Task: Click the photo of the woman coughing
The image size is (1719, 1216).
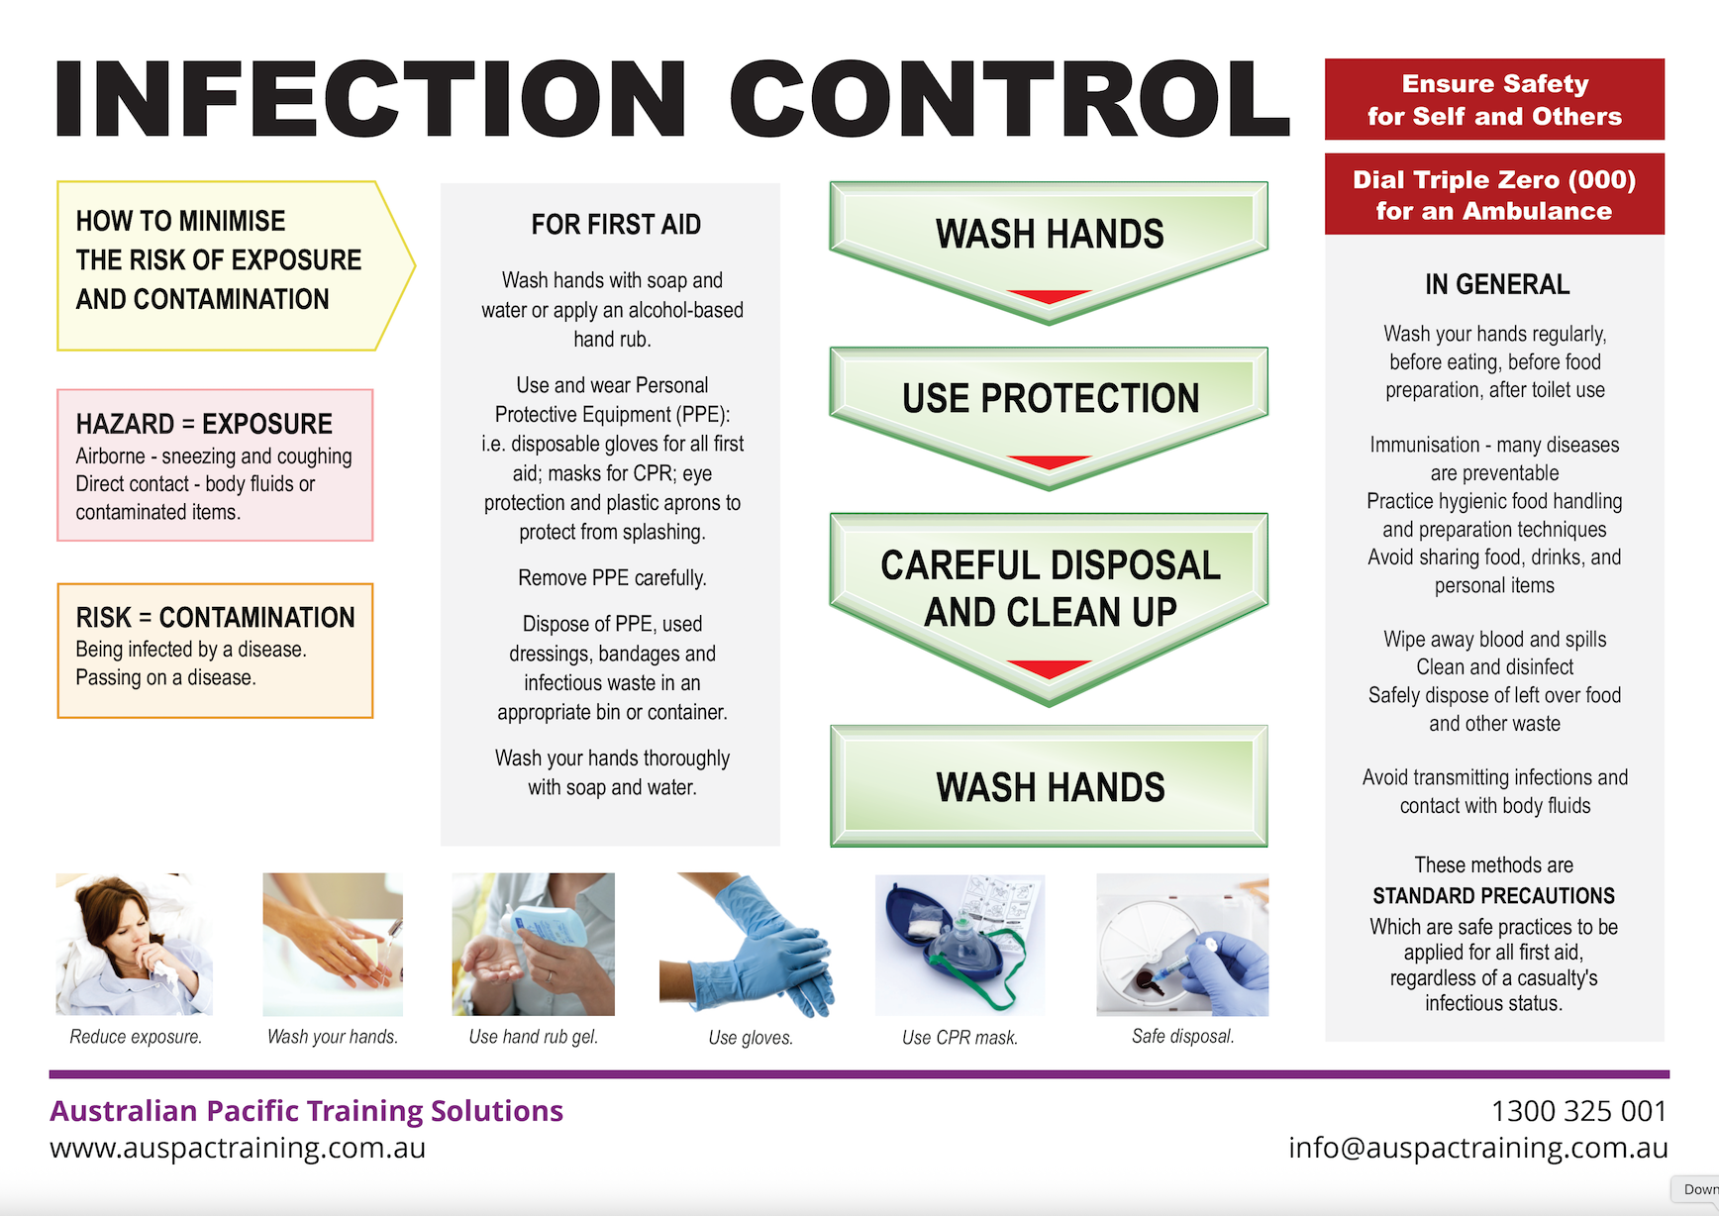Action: (134, 944)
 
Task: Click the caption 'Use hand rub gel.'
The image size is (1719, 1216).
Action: (534, 1037)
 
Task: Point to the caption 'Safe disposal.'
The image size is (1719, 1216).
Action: (1182, 1036)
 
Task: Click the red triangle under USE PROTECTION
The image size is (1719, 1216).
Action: (1049, 462)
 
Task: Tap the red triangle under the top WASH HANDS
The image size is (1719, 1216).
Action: (1049, 296)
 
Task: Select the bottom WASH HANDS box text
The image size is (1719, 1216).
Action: (1050, 787)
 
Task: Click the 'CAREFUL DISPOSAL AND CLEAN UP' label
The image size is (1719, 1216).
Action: (1050, 588)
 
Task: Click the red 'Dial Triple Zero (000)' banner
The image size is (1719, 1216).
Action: (1494, 194)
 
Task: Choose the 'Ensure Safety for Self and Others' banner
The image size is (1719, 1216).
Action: (1494, 99)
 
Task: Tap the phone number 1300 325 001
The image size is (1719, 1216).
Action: (1578, 1111)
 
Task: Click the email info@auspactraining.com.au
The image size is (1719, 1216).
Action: (1477, 1148)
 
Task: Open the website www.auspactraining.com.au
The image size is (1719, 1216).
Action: (238, 1148)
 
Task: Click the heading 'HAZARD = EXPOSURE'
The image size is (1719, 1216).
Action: (204, 424)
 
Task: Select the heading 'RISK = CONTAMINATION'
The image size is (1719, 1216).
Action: (215, 617)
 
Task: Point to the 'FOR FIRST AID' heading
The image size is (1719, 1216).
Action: (616, 225)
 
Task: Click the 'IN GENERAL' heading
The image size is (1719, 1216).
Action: (1496, 285)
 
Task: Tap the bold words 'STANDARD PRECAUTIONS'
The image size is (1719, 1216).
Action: (1493, 896)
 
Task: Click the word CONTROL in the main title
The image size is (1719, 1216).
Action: (1010, 99)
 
